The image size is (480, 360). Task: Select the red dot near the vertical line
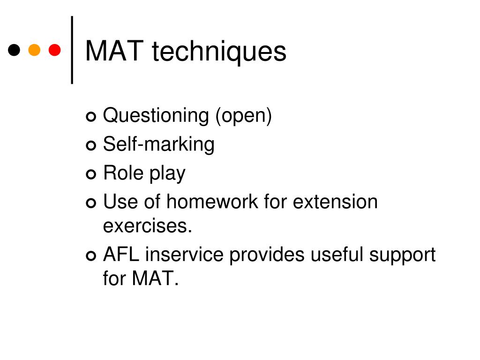(55, 50)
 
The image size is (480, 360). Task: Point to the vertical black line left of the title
(72, 50)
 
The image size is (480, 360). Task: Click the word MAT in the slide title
(114, 51)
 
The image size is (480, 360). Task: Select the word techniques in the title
(219, 52)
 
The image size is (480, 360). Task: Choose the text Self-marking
(158, 144)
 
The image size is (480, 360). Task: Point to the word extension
(335, 202)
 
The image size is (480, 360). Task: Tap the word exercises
(148, 226)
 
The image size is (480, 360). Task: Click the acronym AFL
(121, 255)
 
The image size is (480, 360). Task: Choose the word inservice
(185, 255)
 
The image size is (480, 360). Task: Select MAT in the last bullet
(155, 279)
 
